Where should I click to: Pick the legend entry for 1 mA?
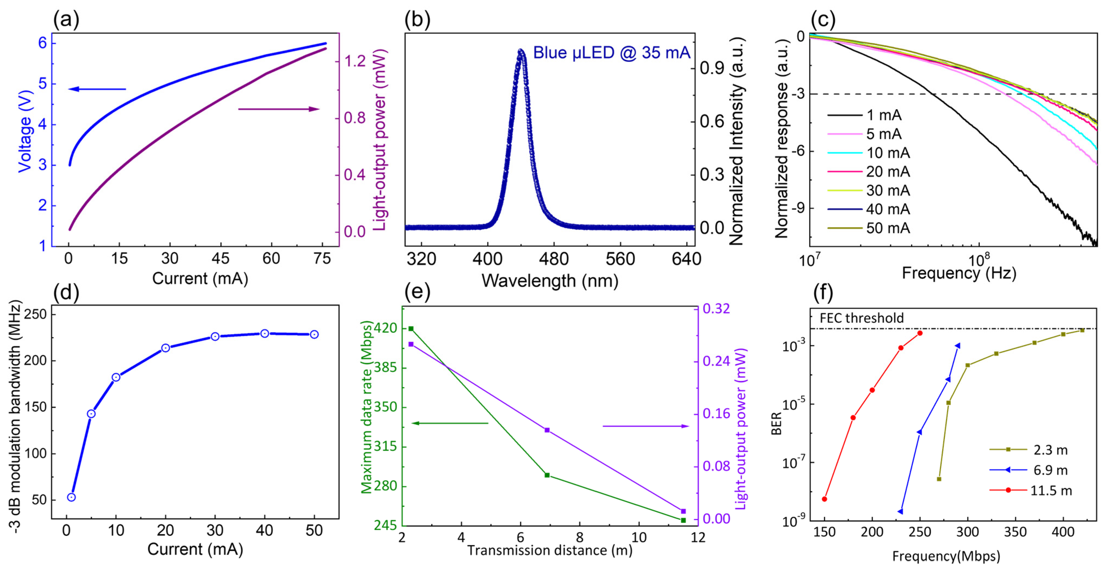(x=865, y=115)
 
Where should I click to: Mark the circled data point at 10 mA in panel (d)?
(x=116, y=377)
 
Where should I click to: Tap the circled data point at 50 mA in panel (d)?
(x=315, y=334)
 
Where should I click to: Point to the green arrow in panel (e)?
(x=450, y=423)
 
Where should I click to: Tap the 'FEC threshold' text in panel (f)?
(x=862, y=318)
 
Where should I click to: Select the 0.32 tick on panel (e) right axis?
(x=716, y=308)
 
